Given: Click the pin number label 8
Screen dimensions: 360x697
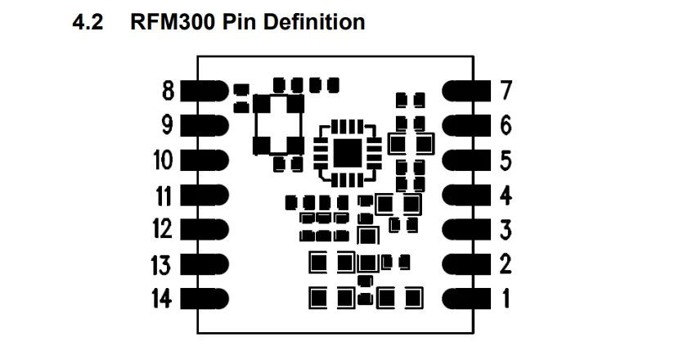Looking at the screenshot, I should point(169,89).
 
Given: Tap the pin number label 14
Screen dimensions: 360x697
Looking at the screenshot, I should point(162,299).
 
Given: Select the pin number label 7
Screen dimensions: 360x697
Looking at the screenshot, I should point(506,89).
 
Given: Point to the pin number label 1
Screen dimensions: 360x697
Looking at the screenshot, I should point(506,299).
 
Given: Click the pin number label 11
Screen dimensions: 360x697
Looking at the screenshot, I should point(162,195).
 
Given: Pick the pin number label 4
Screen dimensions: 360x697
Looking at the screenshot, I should point(506,195).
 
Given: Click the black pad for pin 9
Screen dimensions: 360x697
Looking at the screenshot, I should point(203,124).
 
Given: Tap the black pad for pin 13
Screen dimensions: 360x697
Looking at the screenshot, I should point(203,264).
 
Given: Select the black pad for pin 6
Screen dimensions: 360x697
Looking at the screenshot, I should point(467,124).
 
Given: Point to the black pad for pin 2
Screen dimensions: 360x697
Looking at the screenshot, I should point(467,264).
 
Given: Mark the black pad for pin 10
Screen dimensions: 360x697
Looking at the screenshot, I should point(203,160).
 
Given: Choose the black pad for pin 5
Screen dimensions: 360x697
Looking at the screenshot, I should point(467,160).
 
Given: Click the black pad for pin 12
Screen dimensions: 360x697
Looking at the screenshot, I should point(203,229).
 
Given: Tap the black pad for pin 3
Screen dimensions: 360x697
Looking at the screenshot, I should point(467,229).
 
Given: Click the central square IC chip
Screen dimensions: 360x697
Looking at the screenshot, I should point(347,152).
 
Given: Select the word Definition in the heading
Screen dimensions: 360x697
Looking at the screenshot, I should point(316,22).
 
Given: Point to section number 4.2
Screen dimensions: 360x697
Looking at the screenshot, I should point(90,22).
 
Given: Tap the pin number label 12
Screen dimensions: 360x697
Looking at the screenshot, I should point(162,229).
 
